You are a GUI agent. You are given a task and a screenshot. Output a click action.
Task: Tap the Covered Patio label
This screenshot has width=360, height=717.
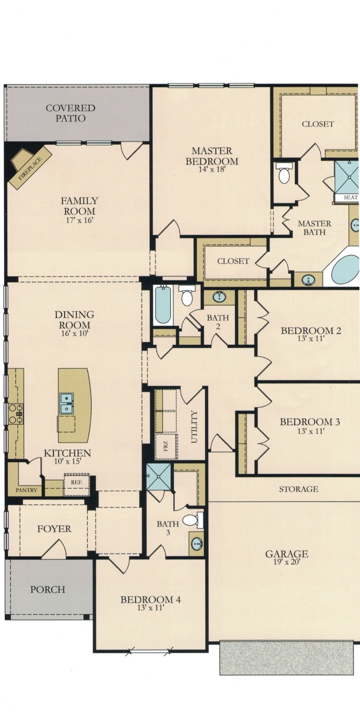[x=70, y=113]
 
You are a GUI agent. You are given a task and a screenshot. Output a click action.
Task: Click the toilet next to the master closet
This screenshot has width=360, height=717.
[x=283, y=176]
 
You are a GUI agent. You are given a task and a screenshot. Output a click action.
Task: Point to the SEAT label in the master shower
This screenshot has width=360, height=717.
[x=350, y=197]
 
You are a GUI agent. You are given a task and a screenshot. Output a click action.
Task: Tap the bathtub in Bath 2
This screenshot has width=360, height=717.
[x=163, y=306]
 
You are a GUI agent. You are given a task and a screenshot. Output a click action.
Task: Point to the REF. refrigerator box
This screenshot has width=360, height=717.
[x=76, y=483]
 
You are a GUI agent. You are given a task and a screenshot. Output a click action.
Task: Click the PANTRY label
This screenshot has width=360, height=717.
[x=26, y=491]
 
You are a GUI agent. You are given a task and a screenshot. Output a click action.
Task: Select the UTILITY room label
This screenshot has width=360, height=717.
[x=195, y=422]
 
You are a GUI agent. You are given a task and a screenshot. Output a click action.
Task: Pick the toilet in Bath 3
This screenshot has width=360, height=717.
[x=191, y=520]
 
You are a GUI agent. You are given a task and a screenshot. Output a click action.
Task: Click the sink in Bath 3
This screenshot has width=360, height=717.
[x=197, y=544]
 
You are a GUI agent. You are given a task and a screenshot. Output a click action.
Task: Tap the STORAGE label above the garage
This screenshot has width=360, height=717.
[x=298, y=489]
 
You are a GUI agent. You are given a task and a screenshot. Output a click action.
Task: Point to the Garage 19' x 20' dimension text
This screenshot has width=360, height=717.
[x=286, y=562]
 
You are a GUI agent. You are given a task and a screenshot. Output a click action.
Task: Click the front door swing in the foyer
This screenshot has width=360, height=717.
[x=54, y=549]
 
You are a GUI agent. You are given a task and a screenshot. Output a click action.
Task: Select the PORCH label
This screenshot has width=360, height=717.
[x=48, y=590]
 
